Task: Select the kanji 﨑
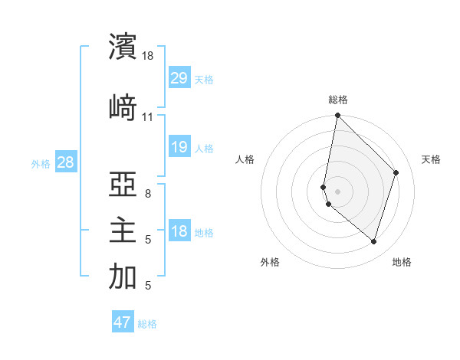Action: (123, 107)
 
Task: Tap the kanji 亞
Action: (123, 184)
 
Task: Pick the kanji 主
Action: (123, 231)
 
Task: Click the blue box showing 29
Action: (179, 78)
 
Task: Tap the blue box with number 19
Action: (179, 147)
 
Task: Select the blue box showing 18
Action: (179, 231)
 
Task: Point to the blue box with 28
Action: (65, 162)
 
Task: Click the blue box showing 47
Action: (122, 322)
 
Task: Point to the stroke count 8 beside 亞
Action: (147, 194)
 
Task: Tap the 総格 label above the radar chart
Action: (338, 100)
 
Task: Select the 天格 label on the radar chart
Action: (431, 159)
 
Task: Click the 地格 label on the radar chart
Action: (402, 262)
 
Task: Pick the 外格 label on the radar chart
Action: (270, 262)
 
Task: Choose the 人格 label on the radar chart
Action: (245, 159)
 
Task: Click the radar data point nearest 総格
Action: (337, 116)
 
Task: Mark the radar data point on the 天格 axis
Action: (396, 172)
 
